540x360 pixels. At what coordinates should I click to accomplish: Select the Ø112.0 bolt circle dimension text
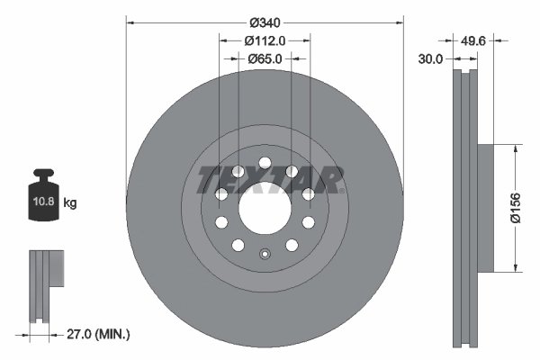(265, 40)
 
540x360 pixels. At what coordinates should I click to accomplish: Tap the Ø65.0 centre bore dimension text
(265, 58)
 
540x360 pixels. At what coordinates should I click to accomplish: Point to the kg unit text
(70, 203)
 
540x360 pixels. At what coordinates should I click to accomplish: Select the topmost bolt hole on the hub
(265, 164)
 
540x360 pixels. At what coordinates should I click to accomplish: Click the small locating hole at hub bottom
(265, 253)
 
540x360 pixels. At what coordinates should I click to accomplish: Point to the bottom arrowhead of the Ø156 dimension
(516, 267)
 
